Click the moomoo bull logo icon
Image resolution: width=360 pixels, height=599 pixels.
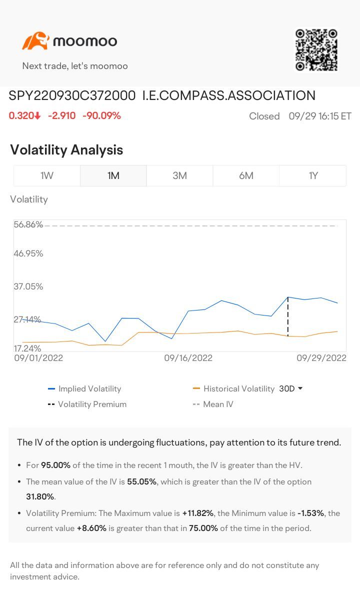(x=35, y=41)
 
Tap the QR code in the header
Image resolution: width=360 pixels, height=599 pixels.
(x=316, y=49)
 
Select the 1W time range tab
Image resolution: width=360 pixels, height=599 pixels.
(x=47, y=175)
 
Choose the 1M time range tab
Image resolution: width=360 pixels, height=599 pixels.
(x=113, y=175)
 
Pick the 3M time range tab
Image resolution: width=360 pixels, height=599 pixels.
(x=179, y=175)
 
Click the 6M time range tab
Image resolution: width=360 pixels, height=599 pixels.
(x=246, y=175)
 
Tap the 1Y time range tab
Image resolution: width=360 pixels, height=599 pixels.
(x=313, y=175)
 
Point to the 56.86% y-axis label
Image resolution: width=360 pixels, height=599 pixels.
(x=28, y=224)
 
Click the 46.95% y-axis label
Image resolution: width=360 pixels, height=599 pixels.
(x=28, y=253)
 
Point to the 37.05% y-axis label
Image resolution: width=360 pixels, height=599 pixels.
(x=28, y=286)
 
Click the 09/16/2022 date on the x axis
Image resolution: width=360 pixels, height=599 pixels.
(x=188, y=358)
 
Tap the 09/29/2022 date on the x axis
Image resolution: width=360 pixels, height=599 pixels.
(x=321, y=358)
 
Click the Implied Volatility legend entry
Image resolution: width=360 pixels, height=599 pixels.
(x=89, y=388)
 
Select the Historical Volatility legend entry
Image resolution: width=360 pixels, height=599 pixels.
(x=238, y=388)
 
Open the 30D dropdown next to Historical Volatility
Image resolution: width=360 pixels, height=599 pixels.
(x=291, y=388)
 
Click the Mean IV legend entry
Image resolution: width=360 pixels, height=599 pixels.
(x=218, y=404)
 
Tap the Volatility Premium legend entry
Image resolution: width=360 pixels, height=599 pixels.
(x=92, y=404)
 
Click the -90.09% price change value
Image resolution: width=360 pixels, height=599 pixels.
(x=101, y=115)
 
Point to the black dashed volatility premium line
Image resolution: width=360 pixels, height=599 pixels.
(x=288, y=317)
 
